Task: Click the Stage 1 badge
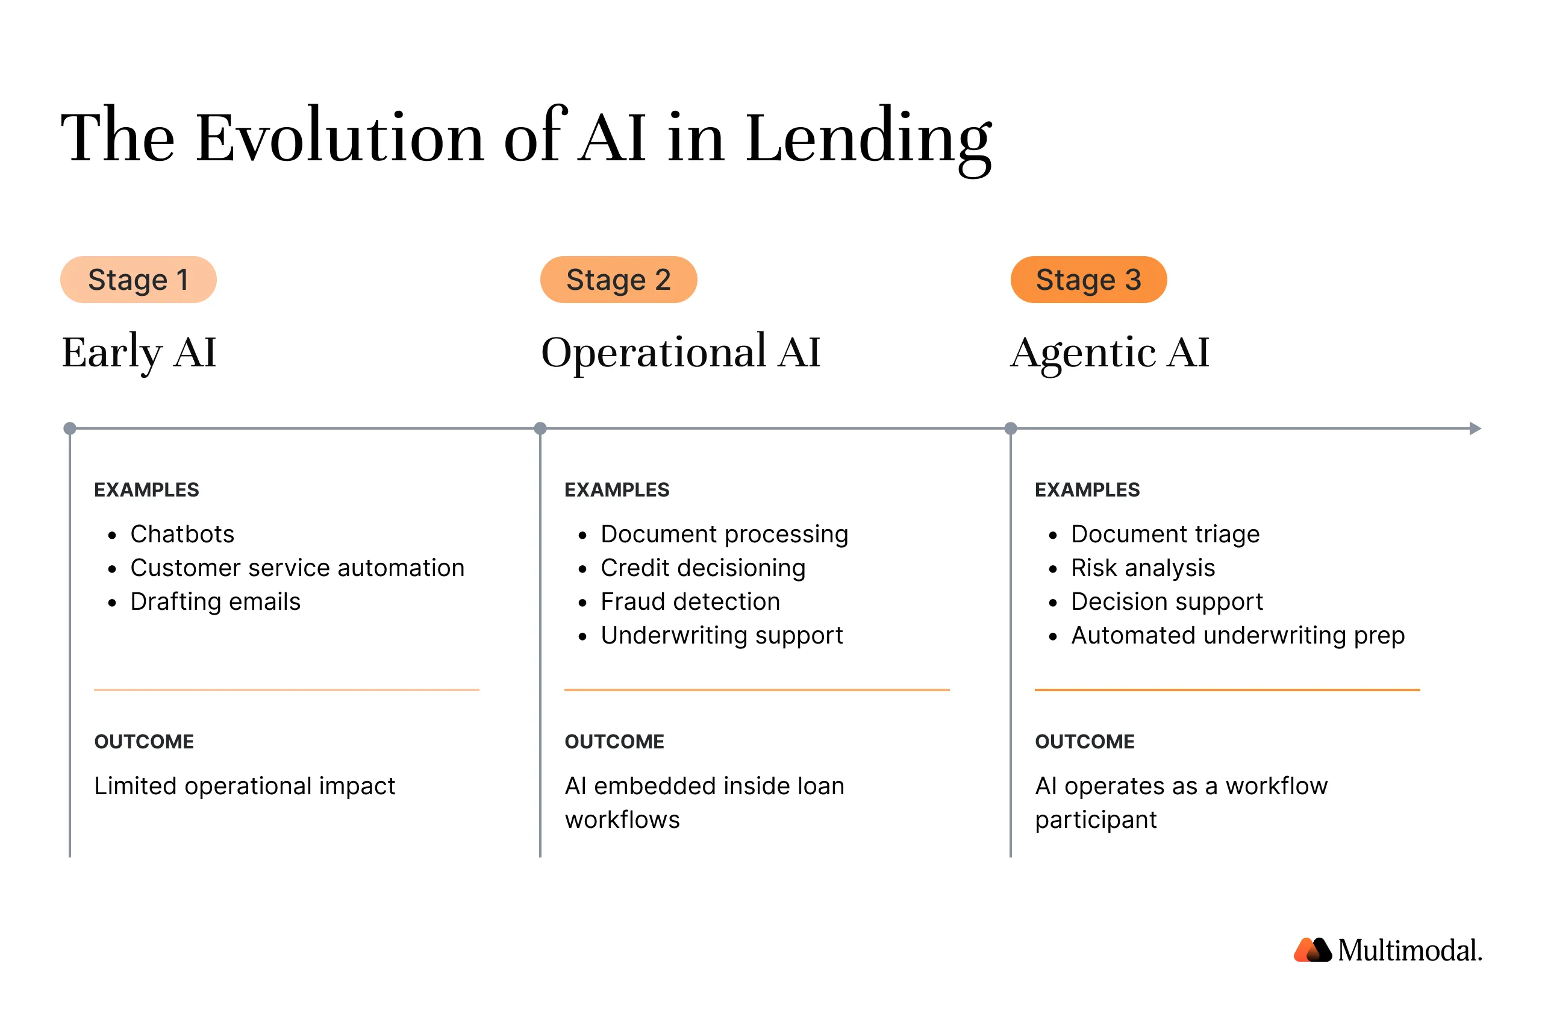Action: pyautogui.click(x=139, y=280)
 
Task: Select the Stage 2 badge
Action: pyautogui.click(x=618, y=280)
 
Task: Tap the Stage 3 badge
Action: pyautogui.click(x=1088, y=280)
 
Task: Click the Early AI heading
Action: pyautogui.click(x=139, y=352)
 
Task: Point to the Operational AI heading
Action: pyautogui.click(x=680, y=352)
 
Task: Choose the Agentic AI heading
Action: pyautogui.click(x=1109, y=352)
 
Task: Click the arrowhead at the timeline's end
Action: pyautogui.click(x=1475, y=429)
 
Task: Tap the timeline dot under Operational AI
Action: pyautogui.click(x=540, y=429)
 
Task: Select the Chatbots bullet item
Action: pyautogui.click(x=182, y=534)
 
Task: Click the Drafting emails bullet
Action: pyautogui.click(x=215, y=602)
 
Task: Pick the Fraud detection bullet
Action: pyautogui.click(x=690, y=602)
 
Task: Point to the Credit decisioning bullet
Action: pyautogui.click(x=702, y=568)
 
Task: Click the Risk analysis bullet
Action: pyautogui.click(x=1142, y=568)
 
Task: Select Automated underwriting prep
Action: pyautogui.click(x=1237, y=635)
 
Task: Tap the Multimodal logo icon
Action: pyautogui.click(x=1312, y=950)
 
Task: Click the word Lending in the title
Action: pyautogui.click(x=869, y=137)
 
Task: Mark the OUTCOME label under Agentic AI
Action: pyautogui.click(x=1085, y=742)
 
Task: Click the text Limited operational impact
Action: pyautogui.click(x=245, y=786)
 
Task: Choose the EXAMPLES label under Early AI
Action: pyautogui.click(x=146, y=490)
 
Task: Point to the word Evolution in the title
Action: pyautogui.click(x=340, y=137)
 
